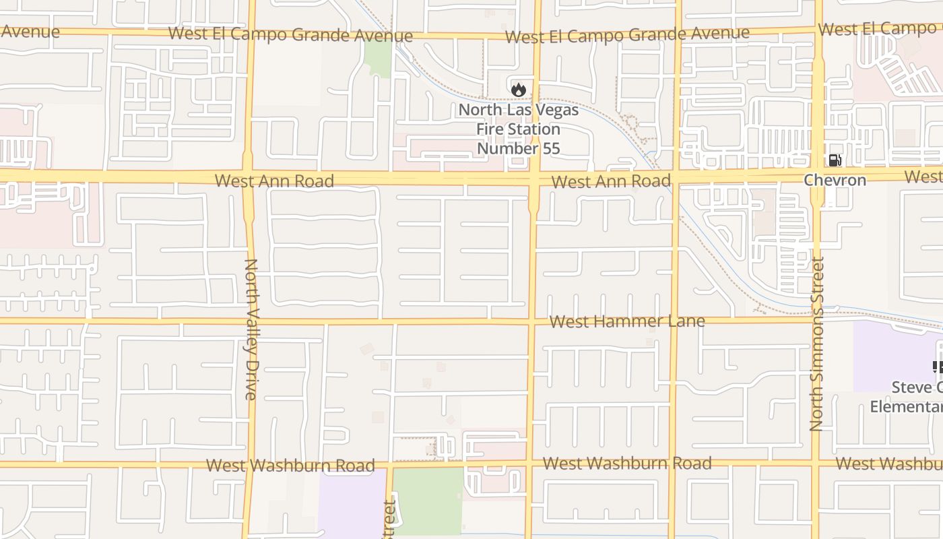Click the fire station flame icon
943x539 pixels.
tap(518, 89)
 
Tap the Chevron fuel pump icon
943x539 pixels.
tap(835, 160)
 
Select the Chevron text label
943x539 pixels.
tap(835, 180)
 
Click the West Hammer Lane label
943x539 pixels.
tap(627, 321)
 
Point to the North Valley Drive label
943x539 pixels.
tap(251, 329)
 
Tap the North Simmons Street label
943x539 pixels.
tap(817, 344)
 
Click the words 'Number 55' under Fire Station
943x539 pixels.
tap(519, 148)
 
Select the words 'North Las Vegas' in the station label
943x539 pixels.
tap(519, 110)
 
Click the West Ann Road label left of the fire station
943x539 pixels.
tap(274, 181)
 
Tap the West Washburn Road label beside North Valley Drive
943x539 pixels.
tap(290, 465)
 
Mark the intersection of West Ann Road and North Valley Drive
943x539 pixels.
tap(247, 177)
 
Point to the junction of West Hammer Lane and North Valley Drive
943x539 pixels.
tap(250, 321)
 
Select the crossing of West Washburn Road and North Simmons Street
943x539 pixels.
tap(816, 464)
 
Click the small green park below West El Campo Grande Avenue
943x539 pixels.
tap(378, 59)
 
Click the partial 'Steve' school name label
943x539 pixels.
tap(917, 387)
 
